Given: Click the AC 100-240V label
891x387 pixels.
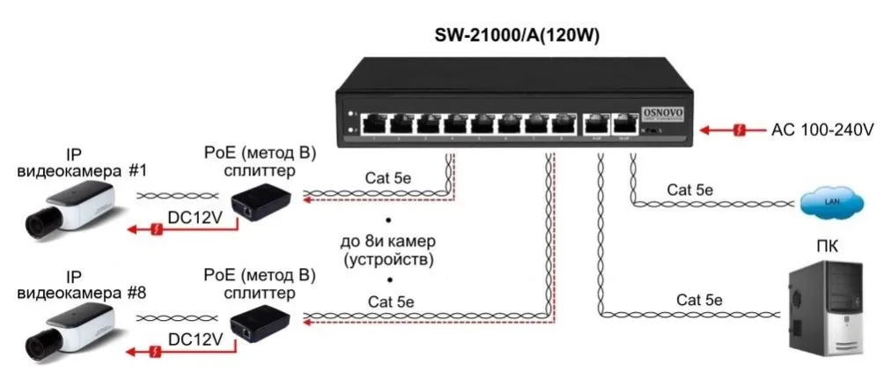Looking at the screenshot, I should click(x=822, y=130).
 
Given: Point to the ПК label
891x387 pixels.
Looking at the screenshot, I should click(x=826, y=246).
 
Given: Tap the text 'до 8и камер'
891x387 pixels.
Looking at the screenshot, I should click(x=388, y=241).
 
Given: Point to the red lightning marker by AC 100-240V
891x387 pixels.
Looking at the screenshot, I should click(x=741, y=130).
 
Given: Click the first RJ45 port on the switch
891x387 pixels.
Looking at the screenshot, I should click(x=375, y=123).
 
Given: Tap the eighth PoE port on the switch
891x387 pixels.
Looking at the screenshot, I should click(x=561, y=123).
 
